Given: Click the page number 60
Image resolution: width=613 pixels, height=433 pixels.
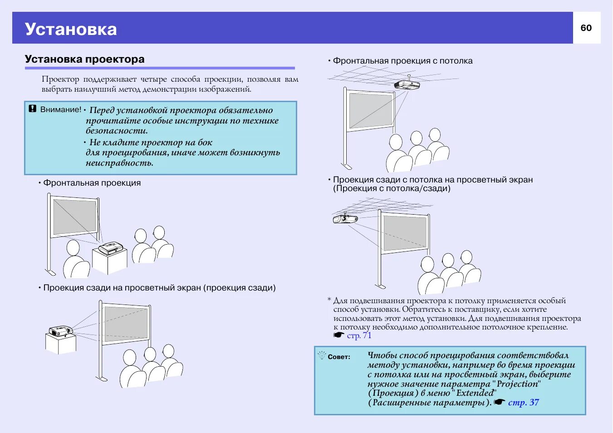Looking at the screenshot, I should tap(586, 28).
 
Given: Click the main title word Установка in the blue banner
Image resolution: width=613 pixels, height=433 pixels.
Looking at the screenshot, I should tap(71, 29).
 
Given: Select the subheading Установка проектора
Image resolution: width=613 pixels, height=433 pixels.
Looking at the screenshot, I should tap(85, 59).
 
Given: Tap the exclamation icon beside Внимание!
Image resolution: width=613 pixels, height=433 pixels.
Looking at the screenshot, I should tap(33, 109).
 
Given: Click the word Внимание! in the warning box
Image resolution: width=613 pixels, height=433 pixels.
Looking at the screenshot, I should tap(61, 109).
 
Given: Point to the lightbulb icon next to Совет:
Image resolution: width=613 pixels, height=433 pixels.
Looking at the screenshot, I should tap(322, 355).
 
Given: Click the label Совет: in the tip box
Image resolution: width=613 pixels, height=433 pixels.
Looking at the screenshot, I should tap(339, 357).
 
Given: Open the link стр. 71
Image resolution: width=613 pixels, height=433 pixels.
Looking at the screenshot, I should tap(359, 335).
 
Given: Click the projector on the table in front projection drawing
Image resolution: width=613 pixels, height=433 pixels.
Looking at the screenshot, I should tap(111, 248).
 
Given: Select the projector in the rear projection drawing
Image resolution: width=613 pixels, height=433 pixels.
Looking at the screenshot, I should tap(61, 330).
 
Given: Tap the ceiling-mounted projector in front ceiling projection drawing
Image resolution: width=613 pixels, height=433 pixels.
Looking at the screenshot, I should tap(407, 84).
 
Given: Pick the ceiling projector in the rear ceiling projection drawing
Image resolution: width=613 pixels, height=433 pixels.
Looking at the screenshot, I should tap(345, 219).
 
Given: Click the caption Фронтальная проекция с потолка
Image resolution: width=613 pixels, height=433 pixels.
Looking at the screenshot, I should tap(402, 61).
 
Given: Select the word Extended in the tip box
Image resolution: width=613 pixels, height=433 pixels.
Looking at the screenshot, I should tap(475, 393).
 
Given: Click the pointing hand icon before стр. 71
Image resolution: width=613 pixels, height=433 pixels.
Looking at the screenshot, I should tap(339, 335).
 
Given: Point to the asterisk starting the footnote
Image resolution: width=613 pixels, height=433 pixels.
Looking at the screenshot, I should tap(329, 300).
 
